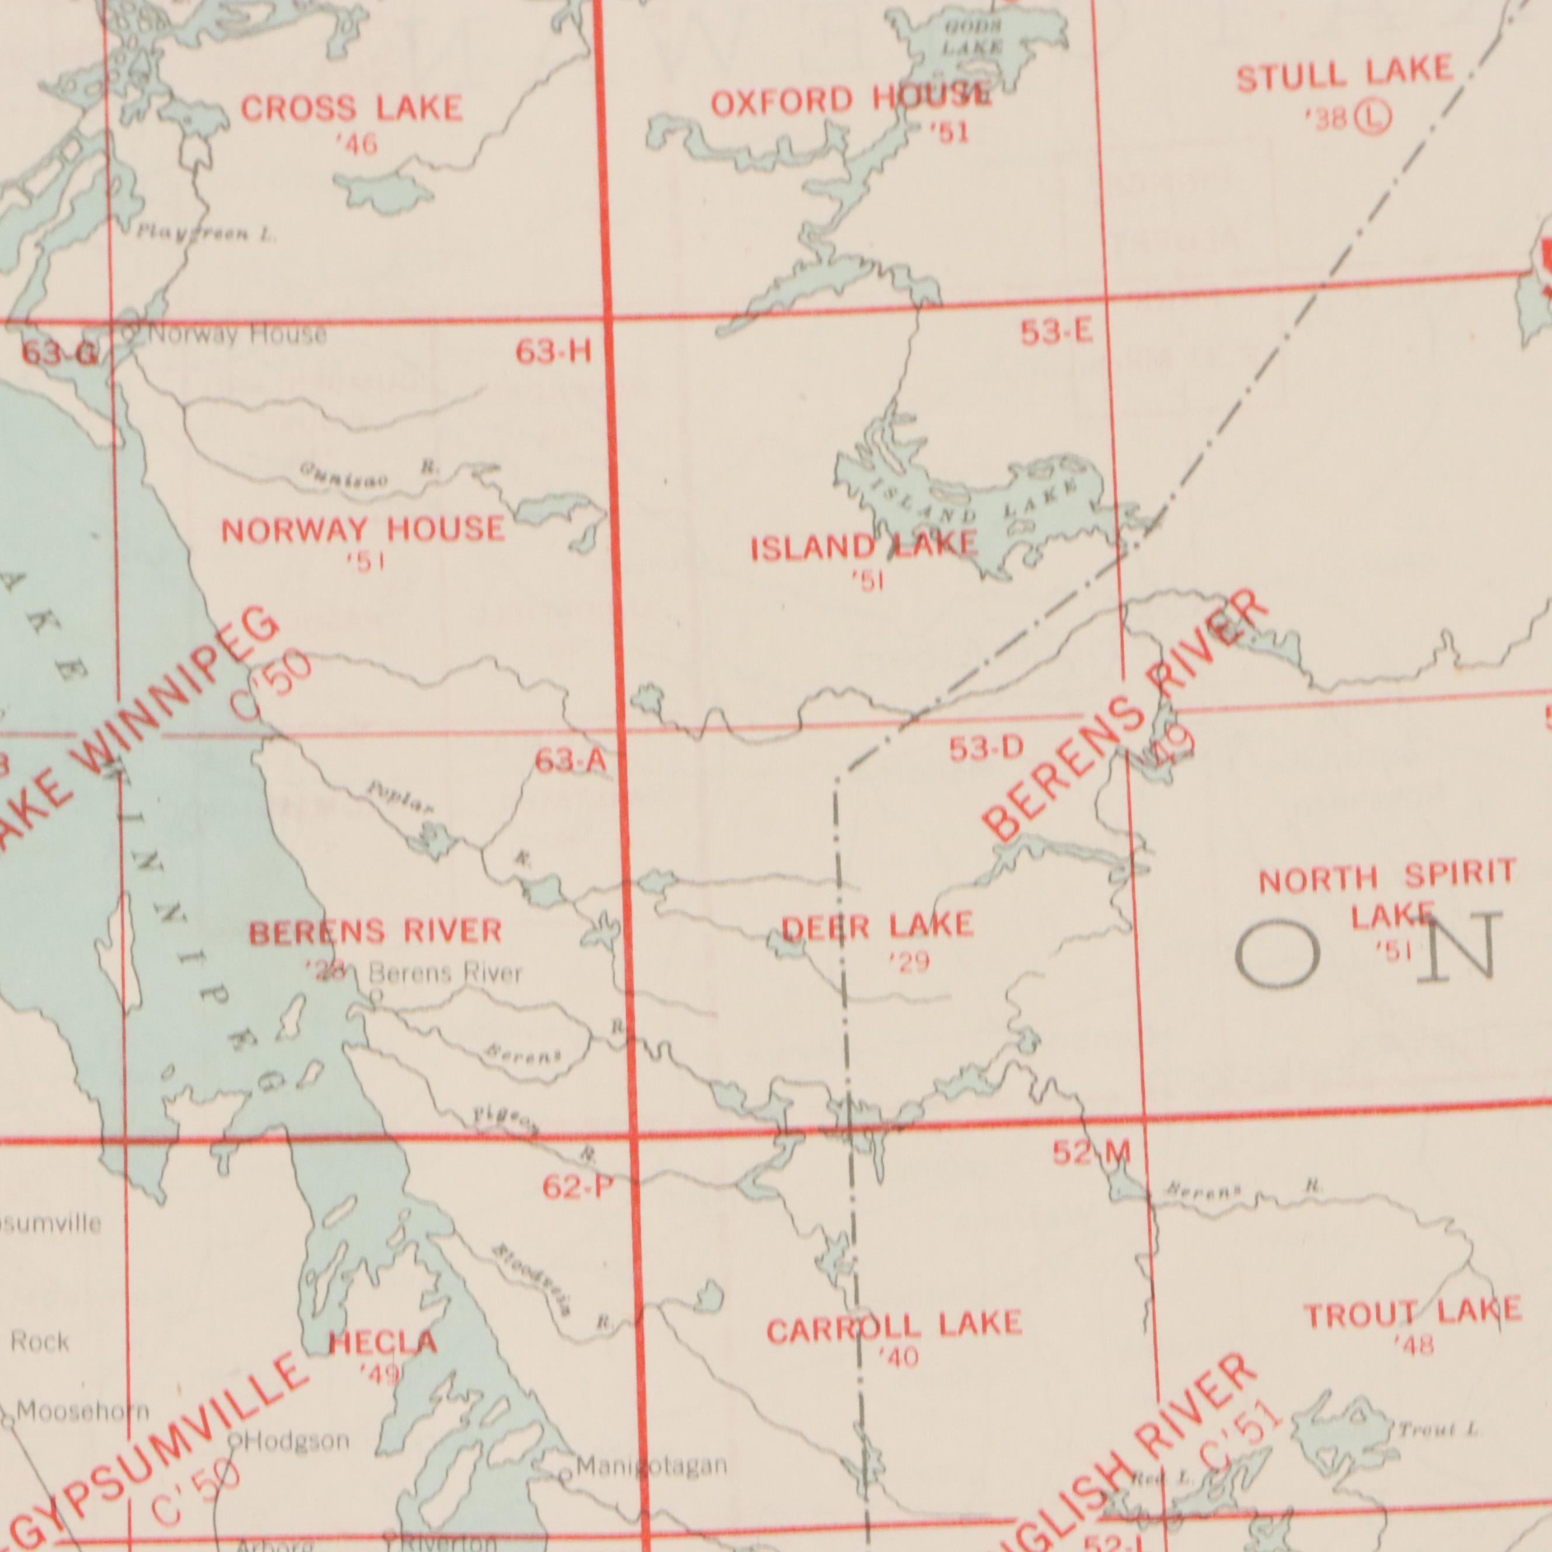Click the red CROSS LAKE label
pos(352,109)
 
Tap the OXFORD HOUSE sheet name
pos(851,101)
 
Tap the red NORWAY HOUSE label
pos(363,530)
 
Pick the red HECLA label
pos(383,1342)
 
